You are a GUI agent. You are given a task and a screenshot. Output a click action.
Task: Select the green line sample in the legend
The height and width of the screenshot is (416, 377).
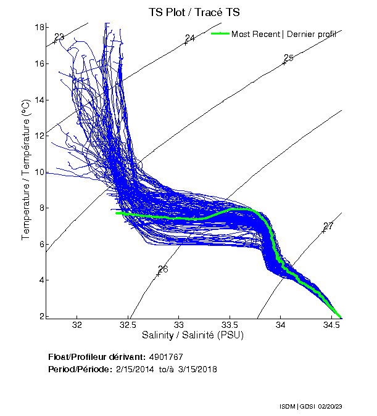coord(220,34)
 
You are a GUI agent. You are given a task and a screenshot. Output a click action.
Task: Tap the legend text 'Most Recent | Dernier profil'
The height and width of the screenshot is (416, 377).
coord(284,35)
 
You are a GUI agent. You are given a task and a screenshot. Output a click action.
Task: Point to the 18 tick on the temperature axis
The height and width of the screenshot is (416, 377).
coord(39,28)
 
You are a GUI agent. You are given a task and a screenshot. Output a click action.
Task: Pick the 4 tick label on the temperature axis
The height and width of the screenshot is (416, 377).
coord(39,280)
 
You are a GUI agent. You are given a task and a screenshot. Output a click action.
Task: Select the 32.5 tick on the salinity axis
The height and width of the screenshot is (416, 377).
coord(128,324)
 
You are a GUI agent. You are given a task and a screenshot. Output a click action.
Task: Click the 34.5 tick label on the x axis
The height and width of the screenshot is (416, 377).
coord(331,324)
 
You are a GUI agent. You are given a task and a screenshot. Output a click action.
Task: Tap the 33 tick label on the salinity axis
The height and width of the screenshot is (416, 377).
coord(179,324)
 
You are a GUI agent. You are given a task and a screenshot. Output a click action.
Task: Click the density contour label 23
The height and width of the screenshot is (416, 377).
coord(59,37)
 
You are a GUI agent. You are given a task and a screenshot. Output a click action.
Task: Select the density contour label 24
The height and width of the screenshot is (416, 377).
coord(190,38)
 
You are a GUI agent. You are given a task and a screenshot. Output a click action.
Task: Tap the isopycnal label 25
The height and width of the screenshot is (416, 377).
coord(288,58)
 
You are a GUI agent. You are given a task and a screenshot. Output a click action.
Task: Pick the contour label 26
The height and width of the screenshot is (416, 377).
coord(163,269)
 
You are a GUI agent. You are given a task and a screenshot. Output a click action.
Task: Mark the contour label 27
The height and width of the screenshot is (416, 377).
coord(328,226)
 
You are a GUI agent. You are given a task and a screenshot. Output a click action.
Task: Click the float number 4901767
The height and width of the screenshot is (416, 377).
coord(166,357)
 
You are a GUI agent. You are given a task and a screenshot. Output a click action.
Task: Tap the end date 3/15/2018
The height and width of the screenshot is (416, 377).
coord(197,369)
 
